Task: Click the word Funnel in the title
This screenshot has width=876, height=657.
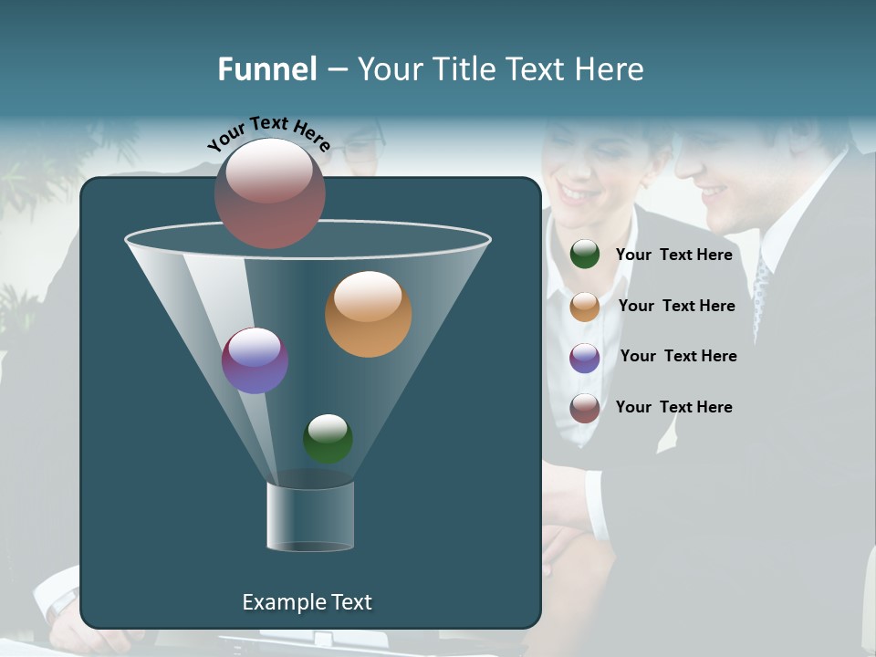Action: click(x=266, y=69)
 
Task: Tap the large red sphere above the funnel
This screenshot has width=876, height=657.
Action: click(x=270, y=193)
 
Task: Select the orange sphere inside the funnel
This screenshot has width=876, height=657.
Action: click(x=369, y=314)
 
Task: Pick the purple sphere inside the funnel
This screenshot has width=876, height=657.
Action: click(x=255, y=360)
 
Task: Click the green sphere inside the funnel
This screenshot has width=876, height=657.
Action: click(x=328, y=439)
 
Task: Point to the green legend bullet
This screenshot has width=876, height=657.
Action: click(x=585, y=255)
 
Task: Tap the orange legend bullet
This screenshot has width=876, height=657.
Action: click(x=585, y=307)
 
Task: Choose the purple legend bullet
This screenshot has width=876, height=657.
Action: click(x=585, y=358)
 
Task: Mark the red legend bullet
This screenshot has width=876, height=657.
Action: click(x=585, y=408)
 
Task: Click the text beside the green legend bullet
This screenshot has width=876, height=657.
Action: click(x=673, y=255)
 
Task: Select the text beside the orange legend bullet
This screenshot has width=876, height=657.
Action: click(x=676, y=306)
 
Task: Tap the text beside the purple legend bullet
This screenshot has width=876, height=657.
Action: click(x=678, y=356)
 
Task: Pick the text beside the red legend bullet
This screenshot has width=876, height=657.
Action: click(x=673, y=407)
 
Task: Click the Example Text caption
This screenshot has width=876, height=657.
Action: click(x=307, y=602)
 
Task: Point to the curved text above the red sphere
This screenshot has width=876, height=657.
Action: click(x=268, y=132)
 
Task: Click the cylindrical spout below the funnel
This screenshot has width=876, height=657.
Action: click(x=310, y=516)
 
